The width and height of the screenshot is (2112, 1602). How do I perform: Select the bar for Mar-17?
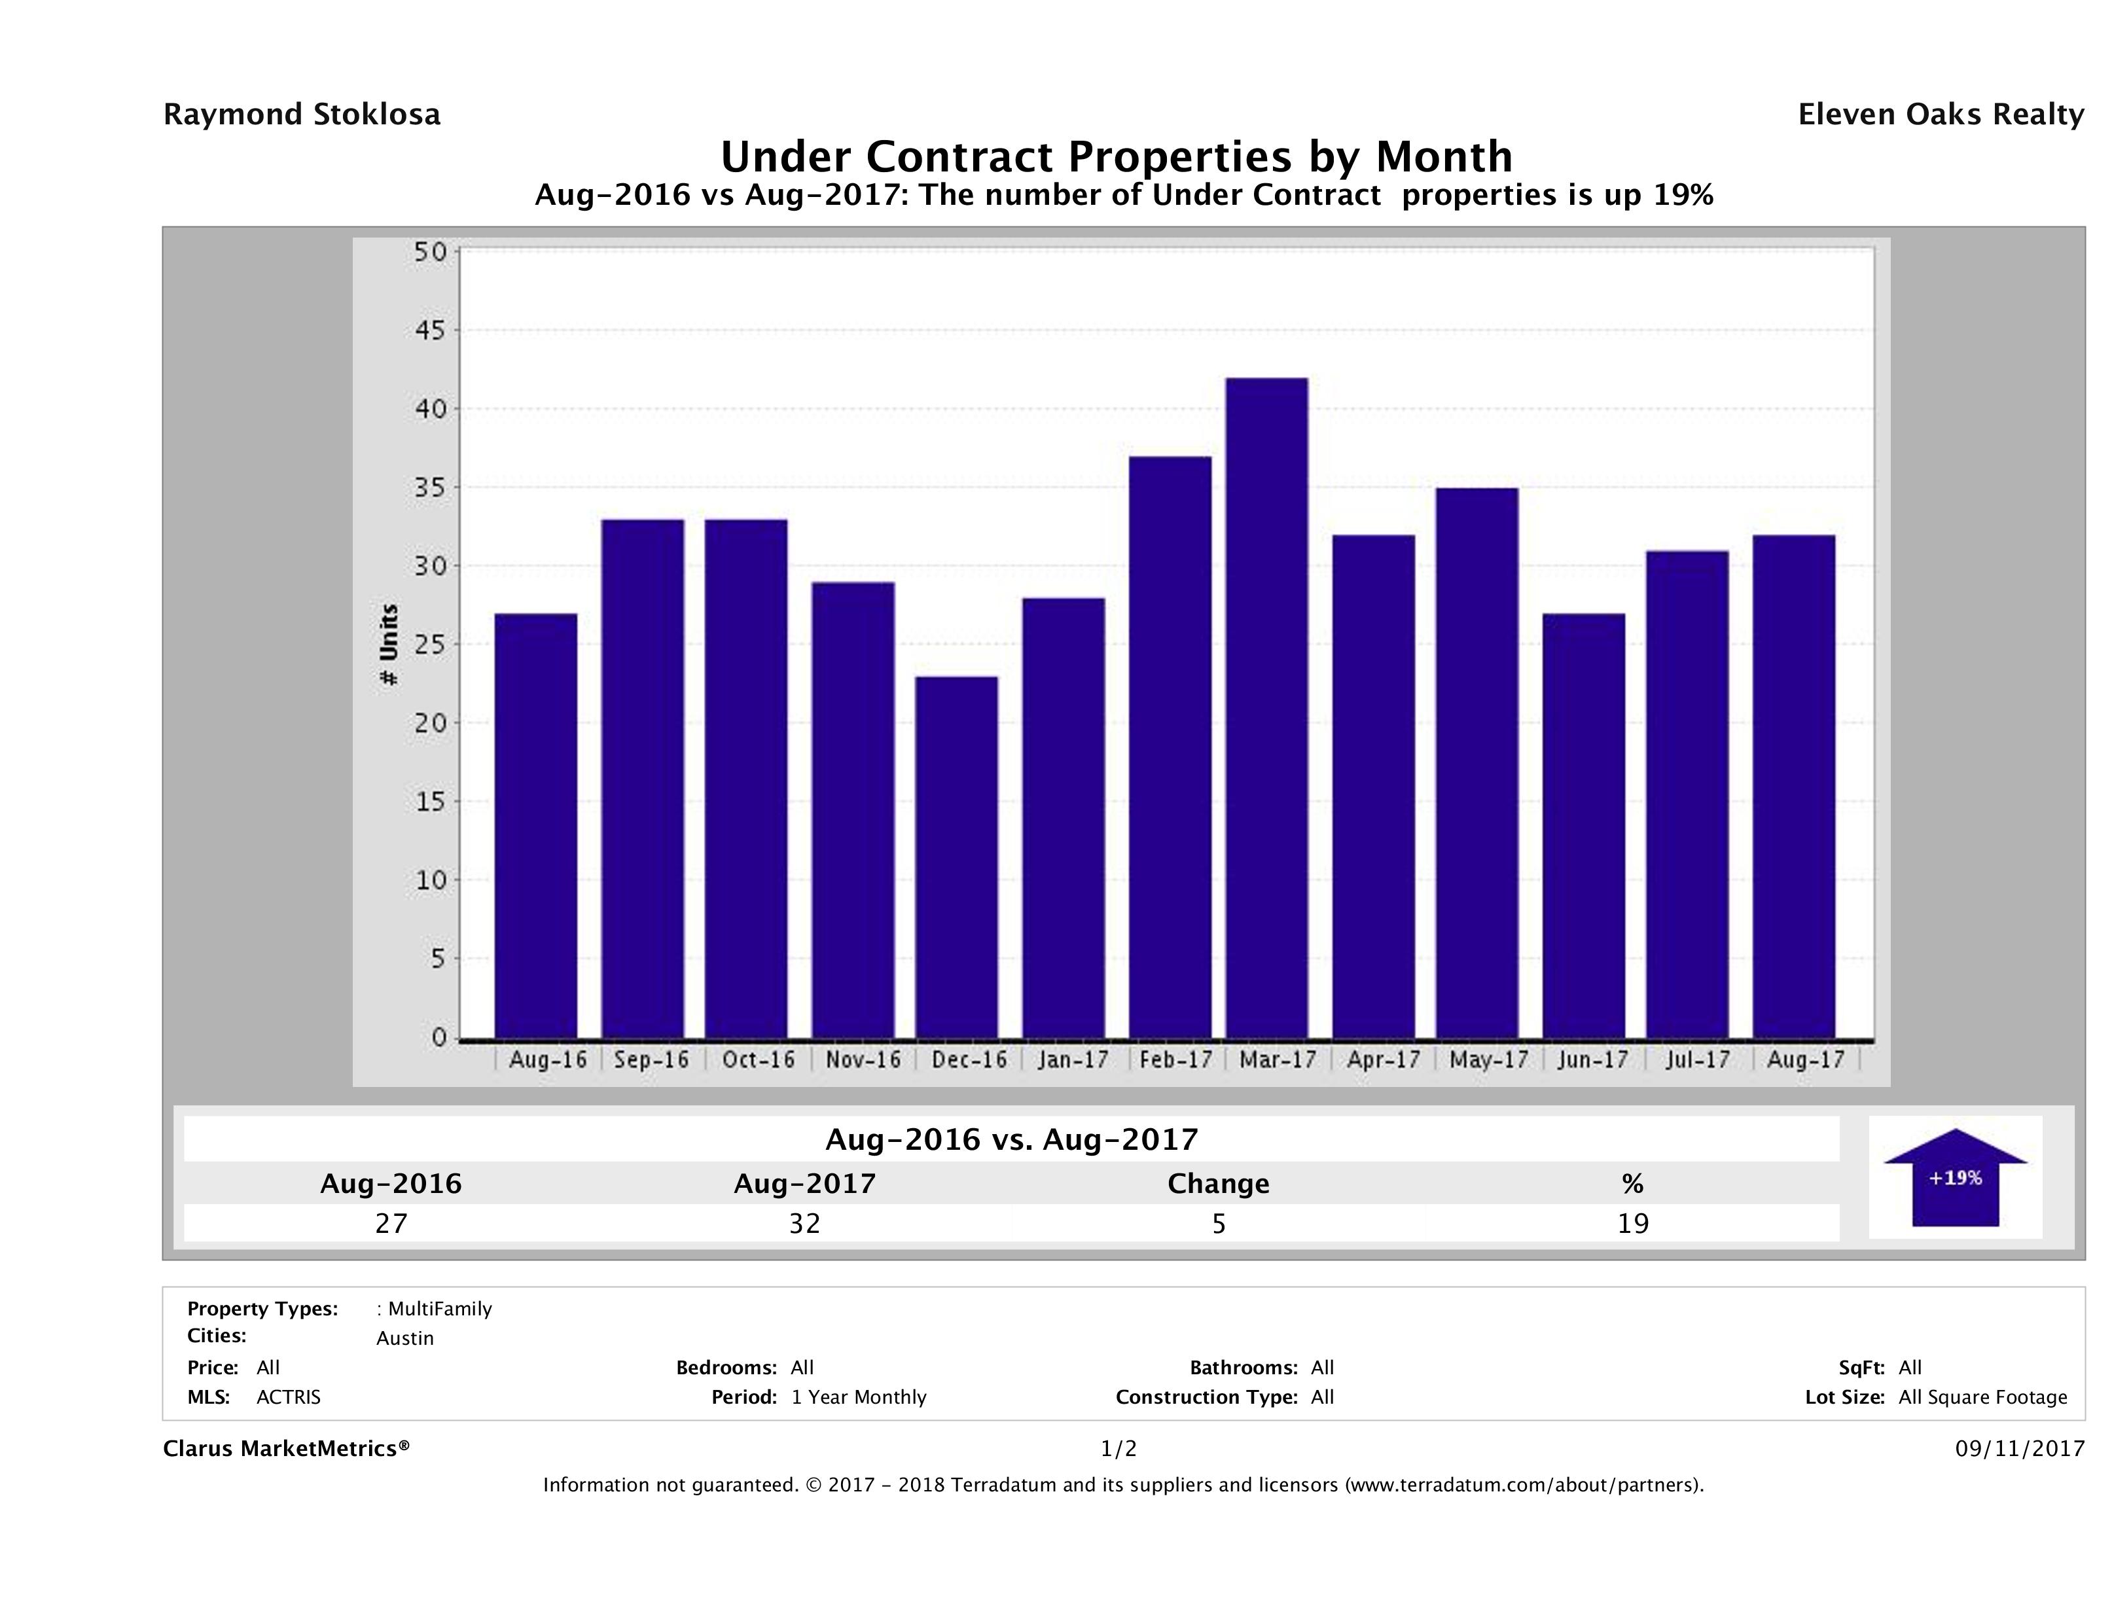click(x=1267, y=707)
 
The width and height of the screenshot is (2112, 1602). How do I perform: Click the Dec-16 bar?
click(x=957, y=857)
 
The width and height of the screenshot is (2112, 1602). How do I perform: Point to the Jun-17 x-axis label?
click(x=1592, y=1059)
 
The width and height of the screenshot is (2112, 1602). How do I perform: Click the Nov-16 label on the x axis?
click(x=863, y=1059)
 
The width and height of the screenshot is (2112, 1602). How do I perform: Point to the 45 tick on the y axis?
click(x=429, y=330)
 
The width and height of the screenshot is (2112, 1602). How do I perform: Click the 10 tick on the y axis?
click(x=429, y=880)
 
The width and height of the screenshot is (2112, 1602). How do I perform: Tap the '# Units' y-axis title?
click(x=389, y=645)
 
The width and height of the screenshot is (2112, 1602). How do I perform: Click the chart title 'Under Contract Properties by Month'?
click(x=1116, y=156)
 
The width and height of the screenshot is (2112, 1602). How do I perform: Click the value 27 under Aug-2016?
click(x=391, y=1223)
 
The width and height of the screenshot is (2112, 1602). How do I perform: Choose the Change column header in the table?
click(x=1219, y=1184)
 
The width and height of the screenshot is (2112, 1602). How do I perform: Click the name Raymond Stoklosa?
click(x=302, y=115)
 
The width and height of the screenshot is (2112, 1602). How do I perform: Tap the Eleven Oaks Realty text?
click(x=1940, y=115)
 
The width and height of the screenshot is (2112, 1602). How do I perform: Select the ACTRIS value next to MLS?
click(x=289, y=1397)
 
